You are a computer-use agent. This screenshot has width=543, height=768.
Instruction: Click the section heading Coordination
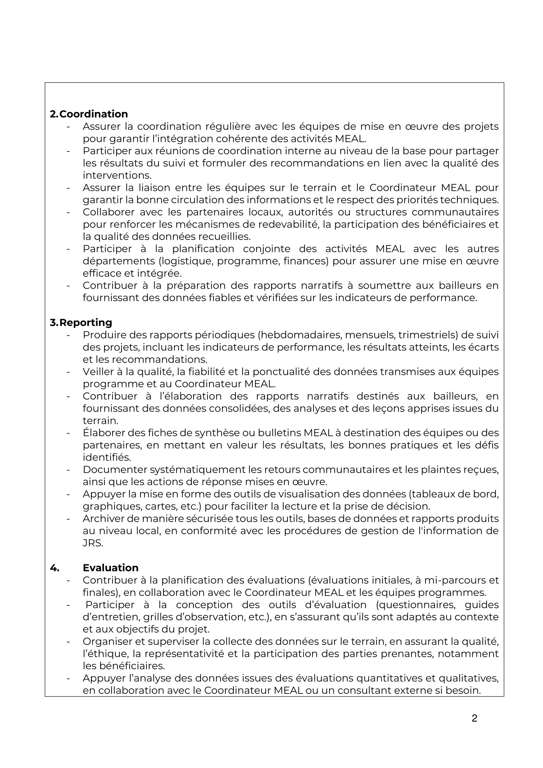coord(94,114)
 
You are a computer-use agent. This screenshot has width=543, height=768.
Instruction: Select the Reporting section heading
coord(86,323)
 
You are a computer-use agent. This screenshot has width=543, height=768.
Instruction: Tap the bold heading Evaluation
coord(110,568)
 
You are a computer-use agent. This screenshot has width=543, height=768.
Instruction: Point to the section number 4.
coord(54,568)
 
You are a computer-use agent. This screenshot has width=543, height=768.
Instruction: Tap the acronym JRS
coord(92,543)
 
